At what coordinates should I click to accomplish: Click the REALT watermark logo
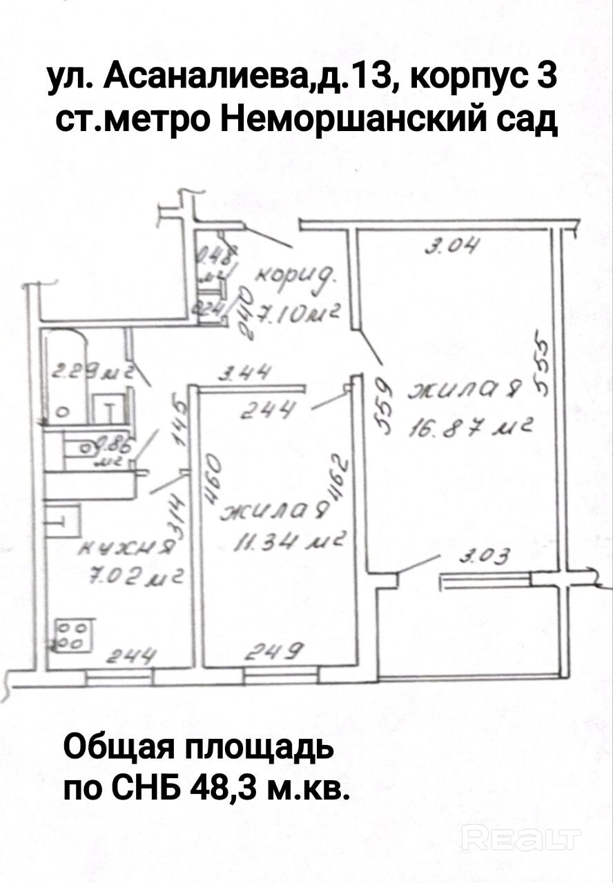click(x=522, y=840)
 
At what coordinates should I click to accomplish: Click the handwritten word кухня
click(x=128, y=548)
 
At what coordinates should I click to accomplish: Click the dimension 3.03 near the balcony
click(x=489, y=555)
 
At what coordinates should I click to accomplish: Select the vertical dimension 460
click(x=212, y=477)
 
